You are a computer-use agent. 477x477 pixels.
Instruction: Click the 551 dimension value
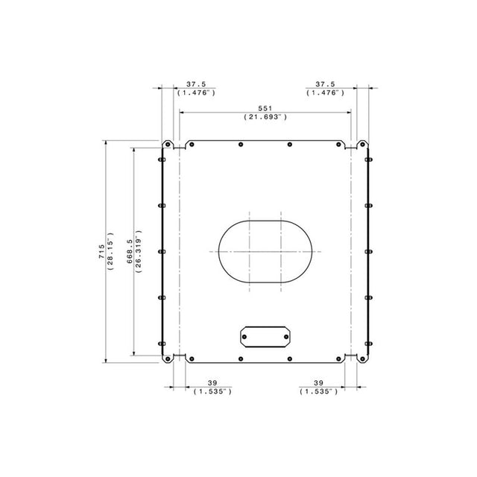tap(265, 108)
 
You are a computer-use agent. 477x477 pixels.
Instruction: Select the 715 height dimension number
tap(101, 252)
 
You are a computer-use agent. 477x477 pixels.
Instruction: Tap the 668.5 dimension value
tap(130, 252)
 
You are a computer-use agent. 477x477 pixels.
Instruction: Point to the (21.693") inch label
tap(265, 117)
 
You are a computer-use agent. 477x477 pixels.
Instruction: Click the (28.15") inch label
tap(110, 252)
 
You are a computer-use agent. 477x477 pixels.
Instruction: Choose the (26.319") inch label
tap(139, 252)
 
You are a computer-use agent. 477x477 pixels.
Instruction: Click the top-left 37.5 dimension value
tap(196, 84)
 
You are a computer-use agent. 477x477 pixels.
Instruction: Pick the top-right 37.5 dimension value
tap(325, 84)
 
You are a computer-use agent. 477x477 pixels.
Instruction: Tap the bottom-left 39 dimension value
tap(212, 383)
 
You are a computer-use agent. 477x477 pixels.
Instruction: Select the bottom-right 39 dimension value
tap(318, 383)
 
